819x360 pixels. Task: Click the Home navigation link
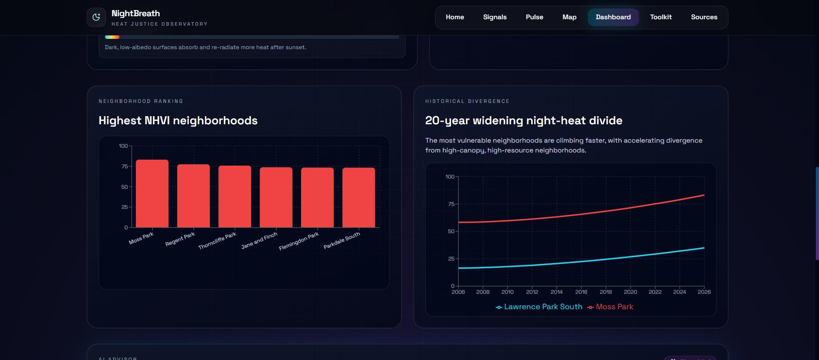[x=455, y=17]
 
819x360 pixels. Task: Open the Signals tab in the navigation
[x=494, y=17]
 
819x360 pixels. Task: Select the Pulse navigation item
[x=534, y=17]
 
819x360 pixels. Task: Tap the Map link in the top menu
[x=569, y=17]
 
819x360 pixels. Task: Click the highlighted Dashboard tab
[x=613, y=17]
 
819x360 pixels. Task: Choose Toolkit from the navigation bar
[x=661, y=17]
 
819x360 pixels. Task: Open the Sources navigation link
[x=704, y=17]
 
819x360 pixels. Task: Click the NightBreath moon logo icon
[x=96, y=17]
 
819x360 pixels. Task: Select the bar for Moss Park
[x=152, y=193]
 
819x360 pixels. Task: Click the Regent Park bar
[x=193, y=196]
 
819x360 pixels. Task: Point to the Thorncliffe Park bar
[x=235, y=196]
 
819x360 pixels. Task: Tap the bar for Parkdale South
[x=359, y=197]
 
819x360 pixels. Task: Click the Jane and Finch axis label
[x=259, y=240]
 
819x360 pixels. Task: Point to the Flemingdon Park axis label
[x=299, y=241]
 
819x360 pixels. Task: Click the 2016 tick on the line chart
[x=581, y=292]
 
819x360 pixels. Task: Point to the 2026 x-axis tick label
[x=704, y=292]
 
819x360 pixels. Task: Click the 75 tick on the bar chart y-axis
[x=124, y=166]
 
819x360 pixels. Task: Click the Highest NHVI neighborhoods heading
[x=178, y=120]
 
